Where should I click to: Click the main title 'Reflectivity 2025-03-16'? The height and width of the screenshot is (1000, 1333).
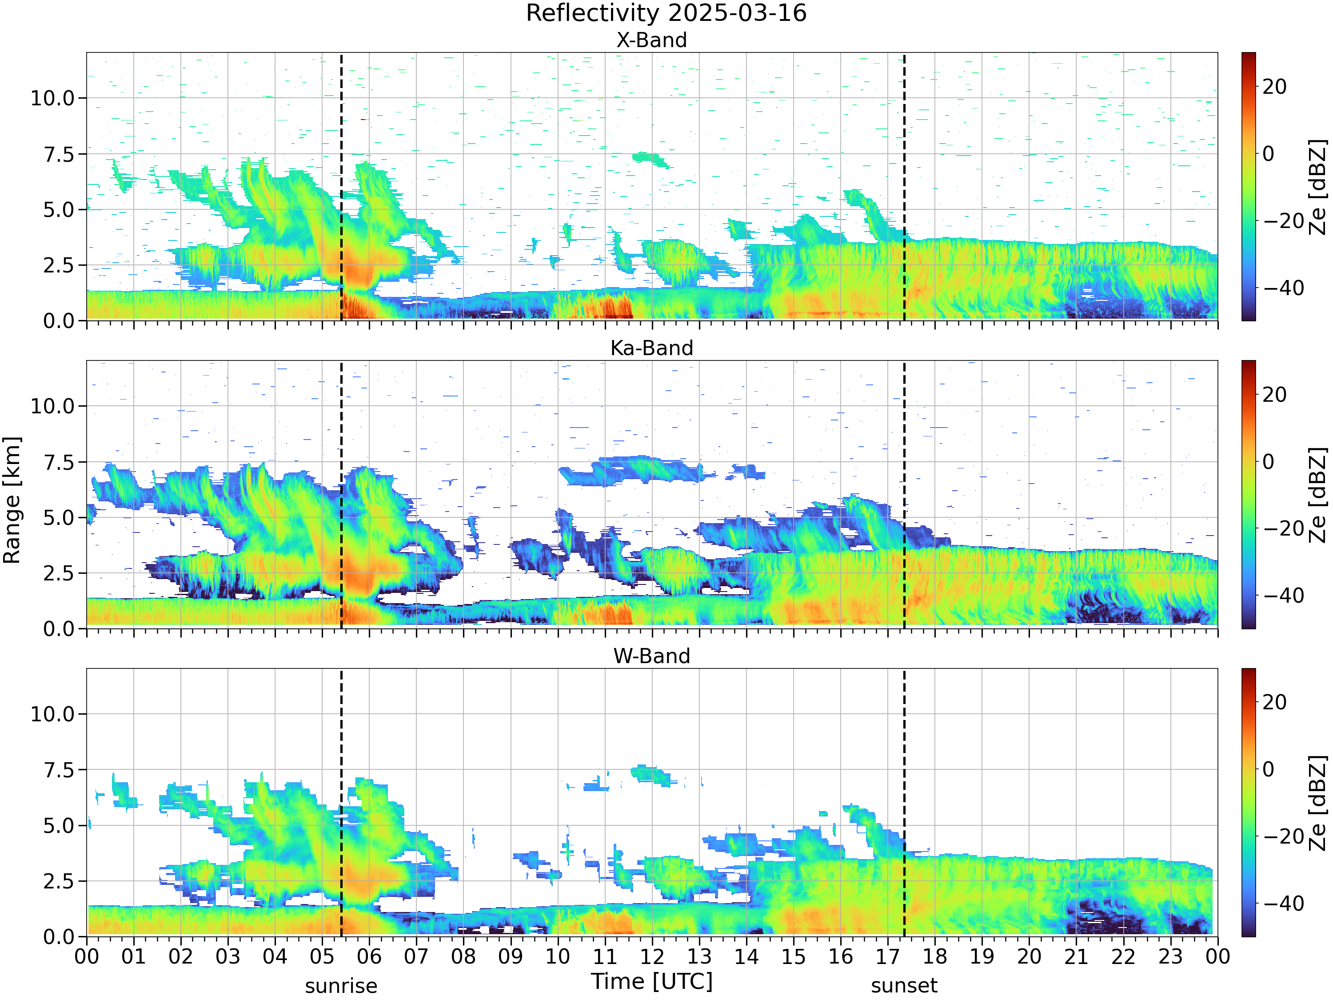pos(666,13)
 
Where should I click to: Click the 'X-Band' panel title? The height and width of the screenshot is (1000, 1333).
pos(651,40)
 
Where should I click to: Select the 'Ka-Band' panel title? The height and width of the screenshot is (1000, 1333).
pos(651,348)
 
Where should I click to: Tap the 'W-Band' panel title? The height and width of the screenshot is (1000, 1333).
pos(651,656)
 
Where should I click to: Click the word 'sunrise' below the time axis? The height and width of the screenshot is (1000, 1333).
pos(341,986)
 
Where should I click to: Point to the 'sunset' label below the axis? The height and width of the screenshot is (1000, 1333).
pos(904,986)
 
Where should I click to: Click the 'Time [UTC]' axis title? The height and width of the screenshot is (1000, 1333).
pos(651,981)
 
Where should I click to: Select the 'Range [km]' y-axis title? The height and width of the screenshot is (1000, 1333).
pos(12,500)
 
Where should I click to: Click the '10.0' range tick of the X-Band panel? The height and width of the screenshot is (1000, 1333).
pos(52,98)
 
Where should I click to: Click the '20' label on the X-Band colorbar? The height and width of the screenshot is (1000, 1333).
pos(1274,87)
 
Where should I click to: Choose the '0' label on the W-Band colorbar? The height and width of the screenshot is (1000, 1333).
pos(1269,769)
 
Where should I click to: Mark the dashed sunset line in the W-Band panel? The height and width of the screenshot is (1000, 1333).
pos(904,802)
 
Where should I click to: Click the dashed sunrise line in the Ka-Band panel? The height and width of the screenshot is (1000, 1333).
pos(341,494)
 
